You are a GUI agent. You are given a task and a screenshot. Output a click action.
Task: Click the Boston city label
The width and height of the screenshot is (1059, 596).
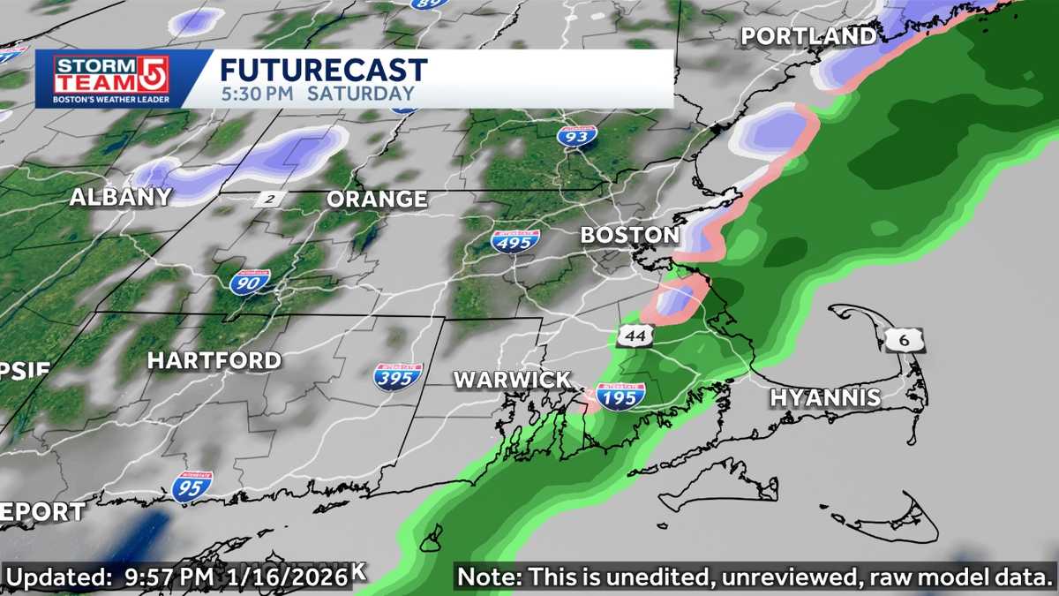[x=629, y=236]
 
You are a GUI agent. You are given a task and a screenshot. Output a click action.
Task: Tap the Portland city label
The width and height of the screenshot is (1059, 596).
[x=808, y=36]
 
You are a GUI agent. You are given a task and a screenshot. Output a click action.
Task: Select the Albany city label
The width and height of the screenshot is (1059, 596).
[x=120, y=197]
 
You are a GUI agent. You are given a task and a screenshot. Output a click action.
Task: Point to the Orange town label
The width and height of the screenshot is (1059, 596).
[x=377, y=200]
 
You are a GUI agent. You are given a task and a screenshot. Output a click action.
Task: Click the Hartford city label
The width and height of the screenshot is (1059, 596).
[x=214, y=360]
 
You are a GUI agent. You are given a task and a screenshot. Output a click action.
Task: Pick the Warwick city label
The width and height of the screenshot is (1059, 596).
[x=512, y=381]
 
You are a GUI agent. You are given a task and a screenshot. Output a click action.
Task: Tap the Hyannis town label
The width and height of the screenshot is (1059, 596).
[x=825, y=397]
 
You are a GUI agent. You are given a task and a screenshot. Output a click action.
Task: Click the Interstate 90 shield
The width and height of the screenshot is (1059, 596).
[x=250, y=282]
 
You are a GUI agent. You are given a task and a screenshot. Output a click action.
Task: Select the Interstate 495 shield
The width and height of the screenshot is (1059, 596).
[x=515, y=240]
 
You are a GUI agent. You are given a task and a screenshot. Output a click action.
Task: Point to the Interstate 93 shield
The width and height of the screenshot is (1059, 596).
[x=576, y=135]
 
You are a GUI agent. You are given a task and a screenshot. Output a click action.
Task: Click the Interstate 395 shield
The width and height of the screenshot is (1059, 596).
[x=397, y=376]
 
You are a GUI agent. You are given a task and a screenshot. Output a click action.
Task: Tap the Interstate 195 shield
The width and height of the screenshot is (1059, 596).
[x=620, y=396]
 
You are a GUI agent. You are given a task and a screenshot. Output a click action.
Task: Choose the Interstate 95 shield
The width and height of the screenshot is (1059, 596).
[x=192, y=487]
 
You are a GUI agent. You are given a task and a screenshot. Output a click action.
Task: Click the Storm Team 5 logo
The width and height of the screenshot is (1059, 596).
[x=111, y=79]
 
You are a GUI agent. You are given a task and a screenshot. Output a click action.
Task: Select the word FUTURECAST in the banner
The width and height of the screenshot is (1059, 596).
[x=323, y=71]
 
